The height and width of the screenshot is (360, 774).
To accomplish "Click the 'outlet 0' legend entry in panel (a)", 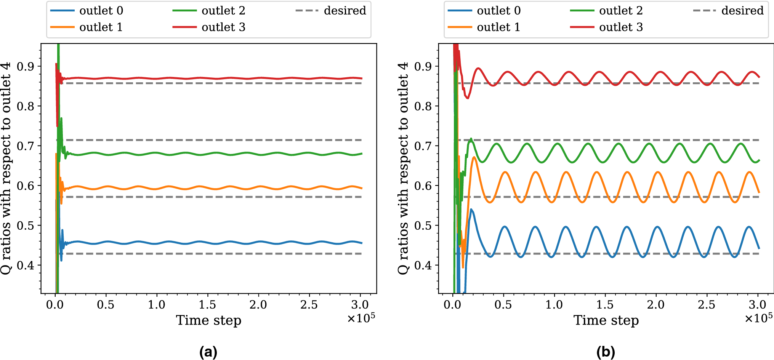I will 101,11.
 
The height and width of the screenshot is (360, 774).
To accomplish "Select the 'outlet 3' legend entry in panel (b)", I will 620,27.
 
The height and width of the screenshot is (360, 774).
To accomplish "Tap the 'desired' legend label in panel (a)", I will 345,11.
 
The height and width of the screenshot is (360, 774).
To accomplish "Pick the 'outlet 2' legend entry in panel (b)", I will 620,11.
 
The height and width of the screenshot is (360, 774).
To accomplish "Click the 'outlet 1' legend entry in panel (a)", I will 101,27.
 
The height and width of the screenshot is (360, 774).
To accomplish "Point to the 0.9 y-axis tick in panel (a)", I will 25,67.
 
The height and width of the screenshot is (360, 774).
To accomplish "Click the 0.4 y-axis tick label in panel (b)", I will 423,266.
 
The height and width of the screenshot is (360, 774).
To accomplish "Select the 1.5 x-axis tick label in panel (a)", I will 207,305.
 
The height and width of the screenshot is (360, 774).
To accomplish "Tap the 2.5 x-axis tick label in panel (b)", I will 707,305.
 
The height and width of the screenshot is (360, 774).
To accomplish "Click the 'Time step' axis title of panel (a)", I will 208,320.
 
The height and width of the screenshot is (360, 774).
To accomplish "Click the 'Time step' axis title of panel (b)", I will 606,320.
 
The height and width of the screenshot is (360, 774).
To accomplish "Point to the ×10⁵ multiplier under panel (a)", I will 361,318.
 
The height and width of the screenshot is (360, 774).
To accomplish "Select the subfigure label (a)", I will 208,352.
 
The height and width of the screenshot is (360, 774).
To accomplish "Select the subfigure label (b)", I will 606,352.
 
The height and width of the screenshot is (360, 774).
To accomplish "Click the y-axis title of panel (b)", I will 403,168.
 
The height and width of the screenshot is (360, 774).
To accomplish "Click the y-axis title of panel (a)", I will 6,168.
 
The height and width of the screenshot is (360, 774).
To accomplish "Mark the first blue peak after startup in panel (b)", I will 471,209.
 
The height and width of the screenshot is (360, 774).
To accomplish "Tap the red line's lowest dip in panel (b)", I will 468,98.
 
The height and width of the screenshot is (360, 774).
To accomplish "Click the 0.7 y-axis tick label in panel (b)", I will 423,146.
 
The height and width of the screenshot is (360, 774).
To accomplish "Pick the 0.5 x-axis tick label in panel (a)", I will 106,305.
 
